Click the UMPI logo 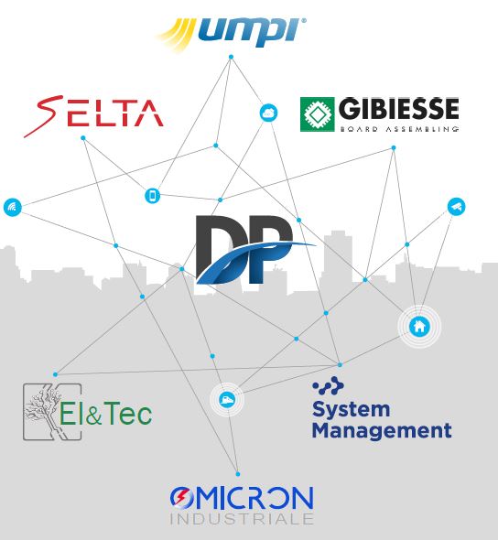point(231,35)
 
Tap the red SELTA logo point(93,115)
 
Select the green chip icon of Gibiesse point(317,114)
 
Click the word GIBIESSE point(399,109)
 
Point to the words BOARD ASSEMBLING point(399,129)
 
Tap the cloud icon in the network point(268,113)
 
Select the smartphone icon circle point(153,196)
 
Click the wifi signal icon point(13,207)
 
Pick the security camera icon point(456,207)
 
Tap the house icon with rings point(419,326)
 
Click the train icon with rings point(227,399)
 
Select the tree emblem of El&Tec point(52,412)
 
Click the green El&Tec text point(105,413)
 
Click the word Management point(382,430)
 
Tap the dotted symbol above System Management point(328,385)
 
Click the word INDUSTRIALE point(242,519)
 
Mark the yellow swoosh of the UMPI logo point(176,35)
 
